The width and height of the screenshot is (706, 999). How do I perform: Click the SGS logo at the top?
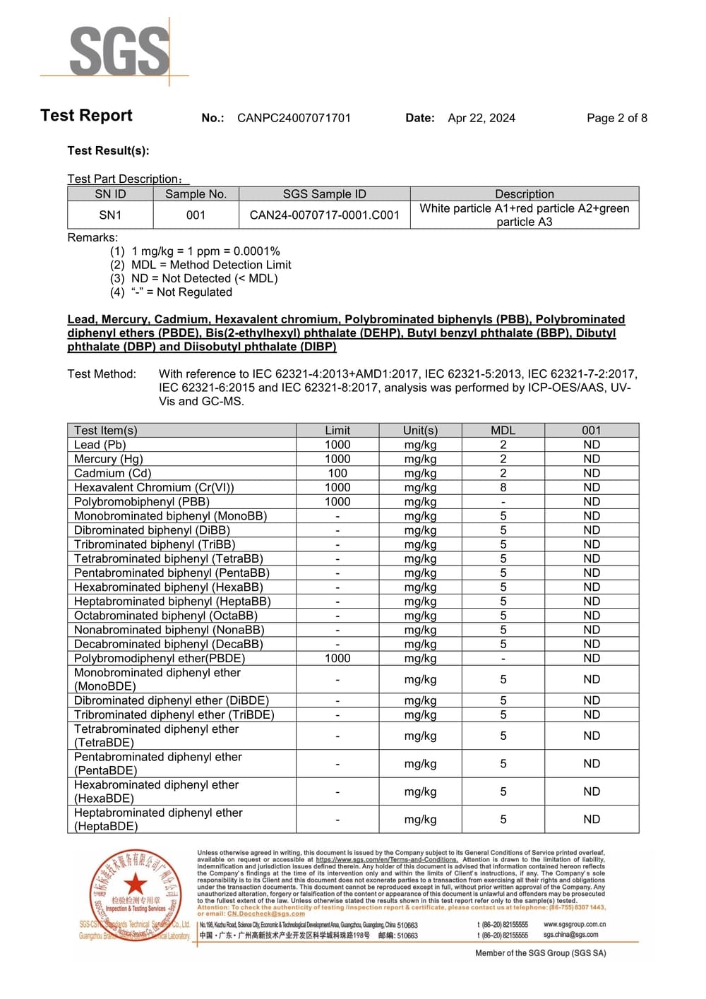[x=119, y=51]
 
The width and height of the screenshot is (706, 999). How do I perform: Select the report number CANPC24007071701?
[x=294, y=118]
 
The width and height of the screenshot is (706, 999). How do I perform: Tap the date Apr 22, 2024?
[x=481, y=118]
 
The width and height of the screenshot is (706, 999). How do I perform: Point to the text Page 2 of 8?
[x=616, y=118]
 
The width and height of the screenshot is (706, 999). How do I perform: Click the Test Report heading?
[x=86, y=116]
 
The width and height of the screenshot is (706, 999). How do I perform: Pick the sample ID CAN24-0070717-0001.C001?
[x=324, y=215]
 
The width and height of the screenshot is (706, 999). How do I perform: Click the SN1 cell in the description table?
[x=110, y=215]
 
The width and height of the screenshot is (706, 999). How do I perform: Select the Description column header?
[x=524, y=193]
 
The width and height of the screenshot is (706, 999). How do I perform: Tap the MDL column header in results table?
[x=503, y=430]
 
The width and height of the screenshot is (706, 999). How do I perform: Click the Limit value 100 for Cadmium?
[x=337, y=473]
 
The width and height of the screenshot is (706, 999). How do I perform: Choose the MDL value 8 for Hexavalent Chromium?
[x=503, y=487]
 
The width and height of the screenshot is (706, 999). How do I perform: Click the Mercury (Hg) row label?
[x=108, y=459]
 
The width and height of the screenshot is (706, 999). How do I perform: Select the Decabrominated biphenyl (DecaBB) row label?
[x=168, y=644]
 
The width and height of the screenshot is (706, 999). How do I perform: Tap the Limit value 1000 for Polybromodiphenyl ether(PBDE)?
[x=337, y=658]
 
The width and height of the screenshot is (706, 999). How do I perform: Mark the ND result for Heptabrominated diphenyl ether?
[x=591, y=819]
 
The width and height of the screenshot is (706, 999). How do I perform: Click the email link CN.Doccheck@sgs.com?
[x=266, y=914]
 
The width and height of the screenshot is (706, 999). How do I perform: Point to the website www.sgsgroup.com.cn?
[x=574, y=924]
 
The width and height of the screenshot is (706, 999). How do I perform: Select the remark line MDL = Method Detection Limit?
[x=211, y=265]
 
